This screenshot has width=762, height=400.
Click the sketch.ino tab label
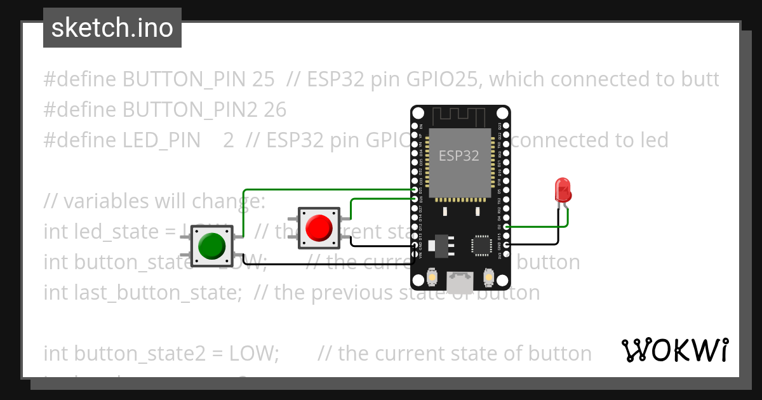112,28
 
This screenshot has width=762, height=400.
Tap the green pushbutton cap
212,245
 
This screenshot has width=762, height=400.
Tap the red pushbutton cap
319,227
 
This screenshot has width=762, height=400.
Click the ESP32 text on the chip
459,155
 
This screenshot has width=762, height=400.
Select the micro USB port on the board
460,282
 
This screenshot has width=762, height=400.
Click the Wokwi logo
674,350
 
